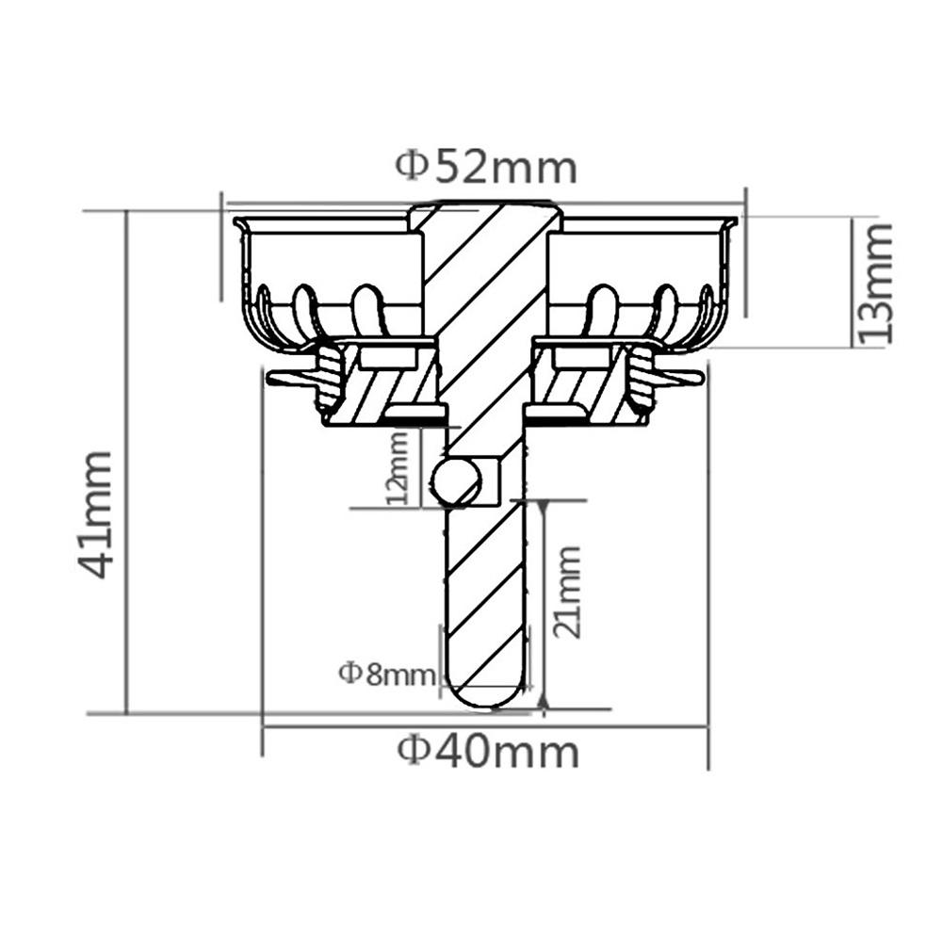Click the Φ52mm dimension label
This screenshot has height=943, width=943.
485,167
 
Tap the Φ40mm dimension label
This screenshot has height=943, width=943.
487,752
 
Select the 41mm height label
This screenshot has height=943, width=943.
96,513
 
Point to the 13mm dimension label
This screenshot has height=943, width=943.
871,283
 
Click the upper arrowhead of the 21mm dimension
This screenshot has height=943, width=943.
544,509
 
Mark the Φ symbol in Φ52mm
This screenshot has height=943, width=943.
412,167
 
